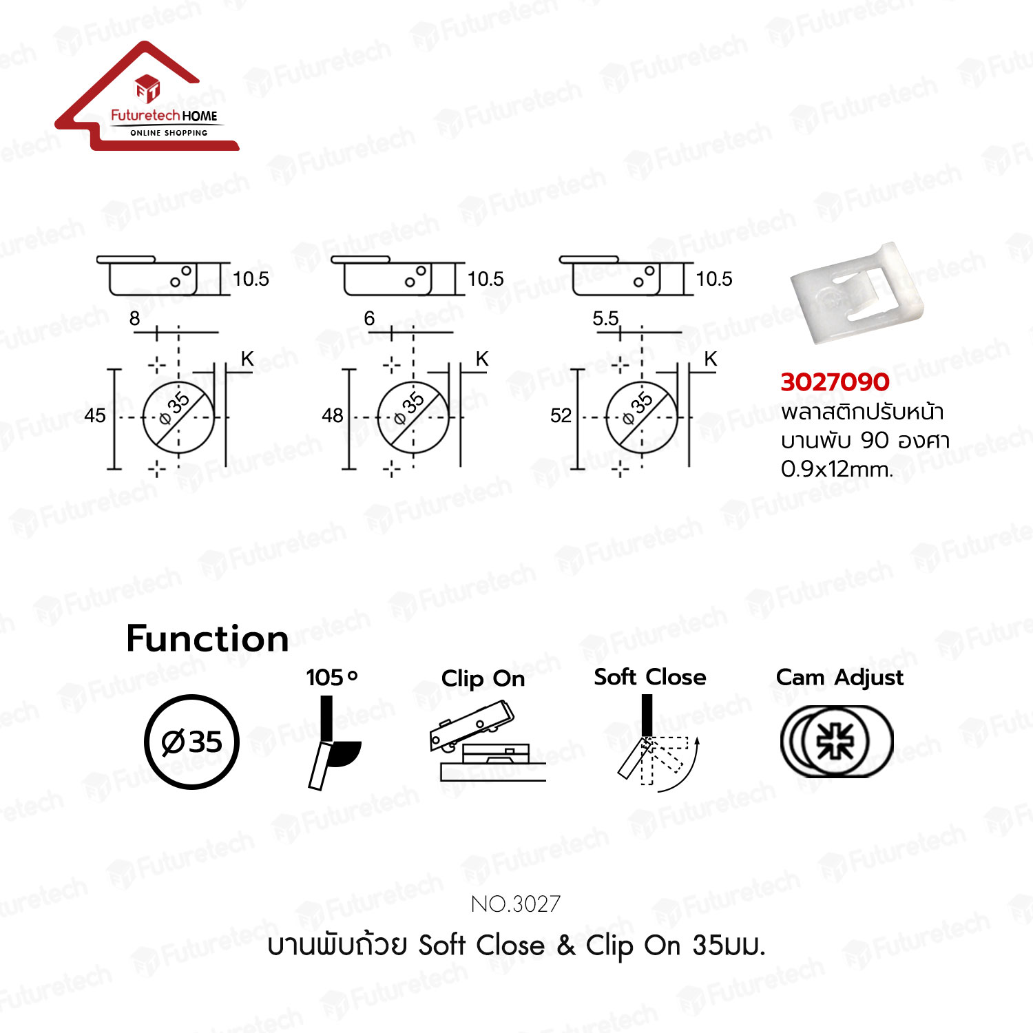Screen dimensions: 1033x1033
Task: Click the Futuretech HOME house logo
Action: click(x=147, y=96)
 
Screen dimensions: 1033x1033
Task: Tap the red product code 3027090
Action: click(x=835, y=382)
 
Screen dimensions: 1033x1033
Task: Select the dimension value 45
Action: click(x=95, y=415)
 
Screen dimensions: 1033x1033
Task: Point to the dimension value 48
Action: click(x=332, y=415)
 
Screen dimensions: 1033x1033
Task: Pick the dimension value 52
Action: click(x=561, y=415)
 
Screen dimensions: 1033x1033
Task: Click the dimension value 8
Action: click(x=134, y=318)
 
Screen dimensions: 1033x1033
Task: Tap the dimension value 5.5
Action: click(x=605, y=318)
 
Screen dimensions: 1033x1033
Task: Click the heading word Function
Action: click(x=207, y=638)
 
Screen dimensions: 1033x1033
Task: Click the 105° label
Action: click(x=332, y=677)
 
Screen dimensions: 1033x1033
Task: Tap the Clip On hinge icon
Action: click(x=486, y=741)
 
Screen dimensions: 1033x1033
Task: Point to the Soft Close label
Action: click(x=650, y=677)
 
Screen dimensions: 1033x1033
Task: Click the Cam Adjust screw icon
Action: click(x=836, y=741)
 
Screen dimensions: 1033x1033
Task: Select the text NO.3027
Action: click(x=516, y=904)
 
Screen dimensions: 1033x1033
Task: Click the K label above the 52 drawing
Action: click(x=711, y=359)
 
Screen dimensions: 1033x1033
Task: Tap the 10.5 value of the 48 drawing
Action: click(x=486, y=279)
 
